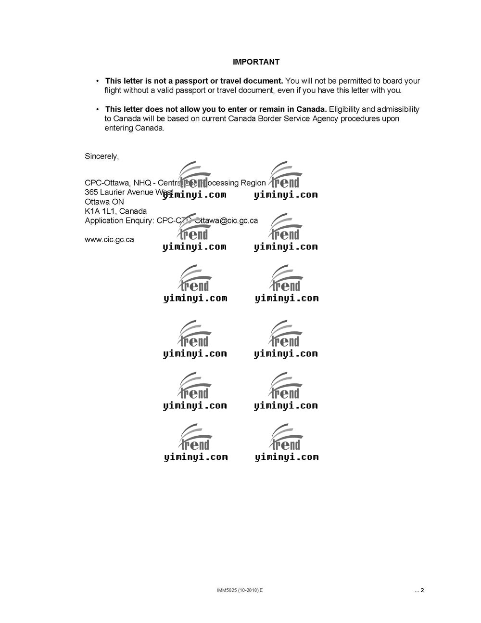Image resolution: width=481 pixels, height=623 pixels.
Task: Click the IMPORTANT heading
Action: [256, 62]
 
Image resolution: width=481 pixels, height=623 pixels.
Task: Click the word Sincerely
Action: [101, 156]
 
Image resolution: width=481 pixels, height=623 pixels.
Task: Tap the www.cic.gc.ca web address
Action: [109, 240]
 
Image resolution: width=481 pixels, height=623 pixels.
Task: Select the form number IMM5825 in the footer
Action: [226, 591]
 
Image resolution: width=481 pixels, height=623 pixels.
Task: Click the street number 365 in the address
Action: [91, 193]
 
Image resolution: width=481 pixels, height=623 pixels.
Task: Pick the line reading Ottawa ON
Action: [104, 202]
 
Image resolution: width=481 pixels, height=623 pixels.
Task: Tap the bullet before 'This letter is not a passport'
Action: [98, 81]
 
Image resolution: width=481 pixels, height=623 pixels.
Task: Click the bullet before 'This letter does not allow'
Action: [98, 110]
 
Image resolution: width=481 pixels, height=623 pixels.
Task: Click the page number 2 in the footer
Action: [422, 591]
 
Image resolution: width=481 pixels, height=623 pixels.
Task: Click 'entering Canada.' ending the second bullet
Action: [134, 129]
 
